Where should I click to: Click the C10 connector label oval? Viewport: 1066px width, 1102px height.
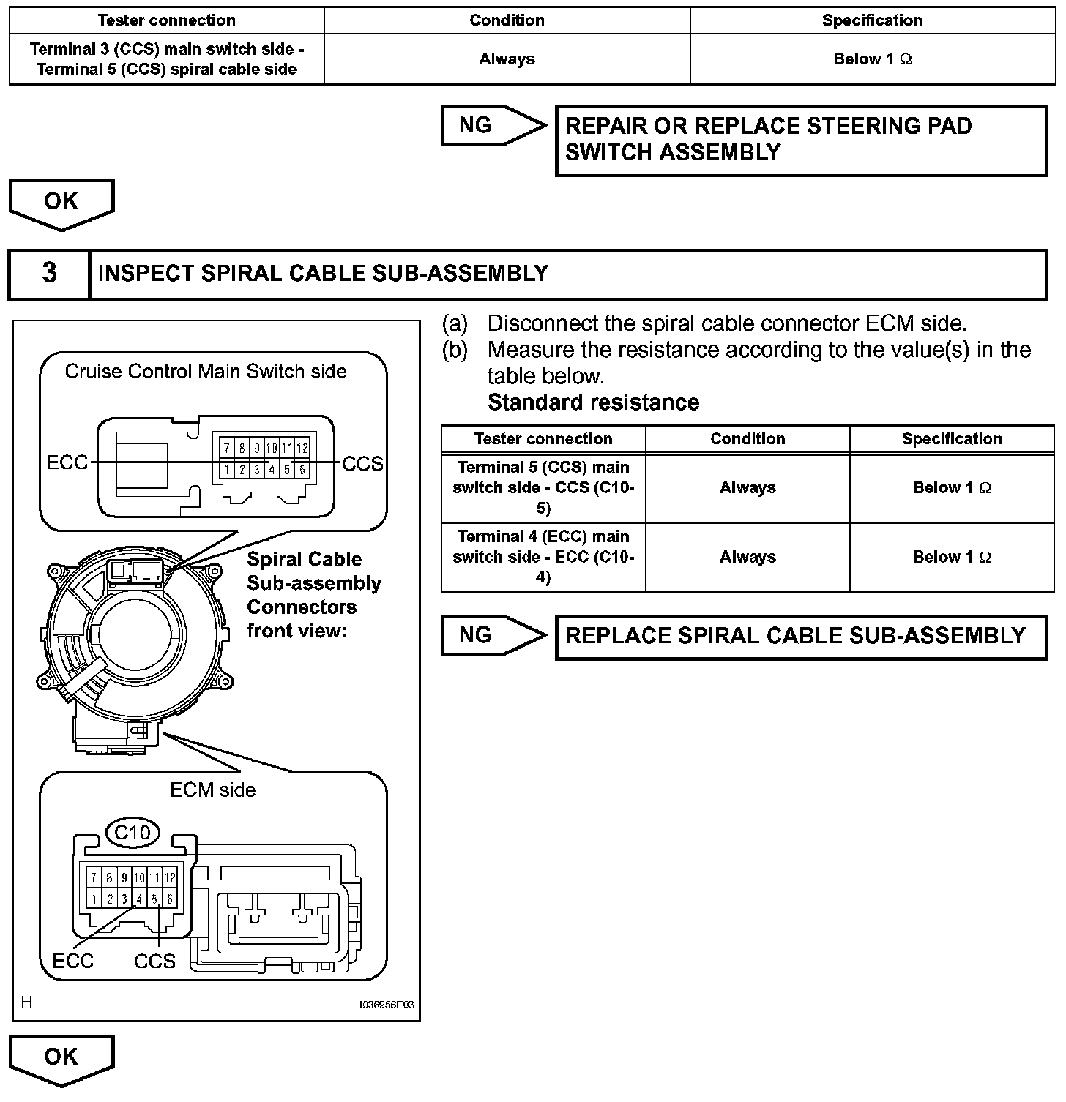click(x=133, y=832)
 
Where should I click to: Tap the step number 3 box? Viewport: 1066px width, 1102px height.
click(x=49, y=274)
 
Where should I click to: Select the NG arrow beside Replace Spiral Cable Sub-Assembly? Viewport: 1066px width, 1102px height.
click(x=493, y=635)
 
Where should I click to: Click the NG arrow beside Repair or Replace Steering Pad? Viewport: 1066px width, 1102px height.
click(x=493, y=125)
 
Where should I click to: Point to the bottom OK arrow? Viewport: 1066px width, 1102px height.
click(x=61, y=1058)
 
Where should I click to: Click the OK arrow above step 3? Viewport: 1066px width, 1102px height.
click(x=61, y=203)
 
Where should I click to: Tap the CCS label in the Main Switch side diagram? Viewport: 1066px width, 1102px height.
click(x=362, y=463)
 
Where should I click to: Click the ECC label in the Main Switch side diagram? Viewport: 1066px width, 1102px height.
click(x=67, y=462)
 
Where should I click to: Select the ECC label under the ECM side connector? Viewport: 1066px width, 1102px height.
click(x=73, y=961)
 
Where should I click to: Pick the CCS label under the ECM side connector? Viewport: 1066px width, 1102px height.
click(x=154, y=961)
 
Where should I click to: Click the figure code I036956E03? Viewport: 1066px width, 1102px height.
click(x=387, y=1005)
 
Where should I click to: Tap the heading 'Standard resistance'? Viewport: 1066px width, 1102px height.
click(x=593, y=402)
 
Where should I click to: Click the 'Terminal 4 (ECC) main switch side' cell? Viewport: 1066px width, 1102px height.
click(x=543, y=557)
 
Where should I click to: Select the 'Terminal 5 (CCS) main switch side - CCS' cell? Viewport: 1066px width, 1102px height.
click(x=543, y=487)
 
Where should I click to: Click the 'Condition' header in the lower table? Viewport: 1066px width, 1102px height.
click(x=748, y=439)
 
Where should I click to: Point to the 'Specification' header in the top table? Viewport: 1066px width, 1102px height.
click(x=872, y=20)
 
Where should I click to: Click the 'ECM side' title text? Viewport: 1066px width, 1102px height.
click(x=213, y=790)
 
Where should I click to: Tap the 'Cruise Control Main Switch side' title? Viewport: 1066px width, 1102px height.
click(x=206, y=372)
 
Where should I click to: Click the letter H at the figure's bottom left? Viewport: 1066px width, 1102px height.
click(x=27, y=1002)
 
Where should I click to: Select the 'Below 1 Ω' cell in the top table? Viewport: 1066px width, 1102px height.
click(x=872, y=59)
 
